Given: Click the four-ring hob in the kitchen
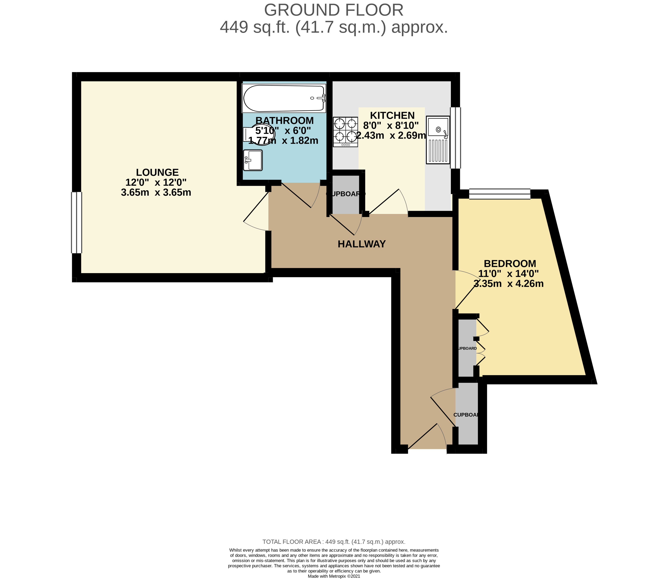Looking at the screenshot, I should point(346,132).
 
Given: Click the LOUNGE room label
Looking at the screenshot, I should point(157,172).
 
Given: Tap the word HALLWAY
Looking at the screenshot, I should point(362,244).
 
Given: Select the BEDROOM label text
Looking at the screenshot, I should point(510,264).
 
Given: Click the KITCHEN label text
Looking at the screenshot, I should point(392,115).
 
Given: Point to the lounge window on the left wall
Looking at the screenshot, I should point(77,223).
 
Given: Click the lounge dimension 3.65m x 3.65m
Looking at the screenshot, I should point(156,192).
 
